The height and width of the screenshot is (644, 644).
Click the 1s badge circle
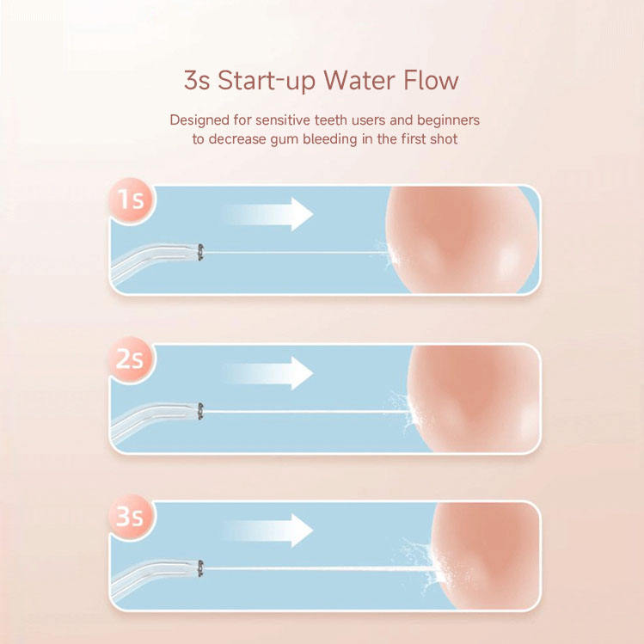pos(132,201)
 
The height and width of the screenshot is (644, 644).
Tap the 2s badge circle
pos(132,359)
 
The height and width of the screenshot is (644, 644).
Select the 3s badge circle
pos(132,517)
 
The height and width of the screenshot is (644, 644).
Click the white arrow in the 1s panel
pos(267,214)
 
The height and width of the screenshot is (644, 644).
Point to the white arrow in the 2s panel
pos(267,373)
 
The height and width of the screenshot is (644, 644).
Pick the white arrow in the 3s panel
pos(267,531)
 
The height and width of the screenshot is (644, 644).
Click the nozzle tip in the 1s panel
pos(200,252)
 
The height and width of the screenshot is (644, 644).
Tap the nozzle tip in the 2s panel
pos(200,411)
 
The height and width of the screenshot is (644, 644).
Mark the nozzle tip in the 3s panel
pos(200,568)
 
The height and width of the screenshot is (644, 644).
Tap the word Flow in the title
pos(431,80)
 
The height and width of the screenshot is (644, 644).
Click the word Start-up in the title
pos(267,82)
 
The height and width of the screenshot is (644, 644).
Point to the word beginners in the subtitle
pos(448,120)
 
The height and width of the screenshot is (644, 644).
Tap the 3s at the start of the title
pos(197,80)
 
